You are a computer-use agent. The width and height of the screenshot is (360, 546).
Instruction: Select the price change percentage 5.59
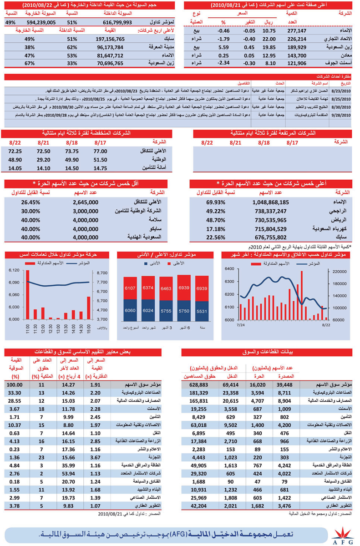[x=223, y=47]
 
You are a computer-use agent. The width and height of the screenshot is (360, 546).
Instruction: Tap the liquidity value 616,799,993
[x=117, y=22]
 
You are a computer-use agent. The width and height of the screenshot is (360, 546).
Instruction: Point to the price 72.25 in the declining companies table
[x=15, y=151]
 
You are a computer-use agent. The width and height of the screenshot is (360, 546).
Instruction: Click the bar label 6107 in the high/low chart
[x=130, y=288]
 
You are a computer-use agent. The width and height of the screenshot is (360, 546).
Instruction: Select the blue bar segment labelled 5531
[x=202, y=311]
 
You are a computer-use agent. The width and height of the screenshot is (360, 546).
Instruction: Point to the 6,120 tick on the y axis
[x=14, y=270]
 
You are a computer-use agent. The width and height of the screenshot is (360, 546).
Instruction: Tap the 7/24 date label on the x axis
[x=240, y=325]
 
